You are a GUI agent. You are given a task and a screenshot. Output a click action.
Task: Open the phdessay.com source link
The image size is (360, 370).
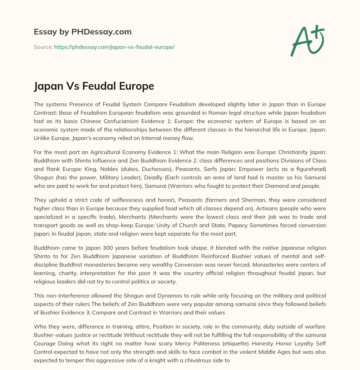[114, 47]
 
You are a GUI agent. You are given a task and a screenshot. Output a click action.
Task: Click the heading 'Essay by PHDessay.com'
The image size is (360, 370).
[83, 32]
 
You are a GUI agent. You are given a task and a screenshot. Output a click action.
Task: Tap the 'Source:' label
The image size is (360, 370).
[43, 47]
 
